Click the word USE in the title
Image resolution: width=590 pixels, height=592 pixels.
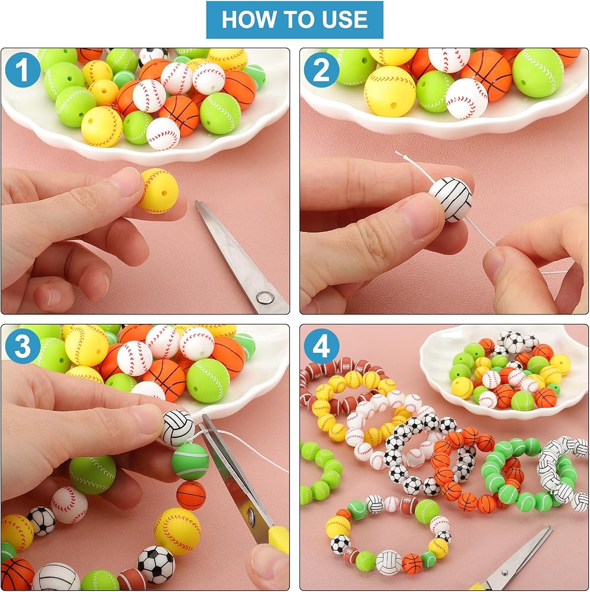tap(345, 20)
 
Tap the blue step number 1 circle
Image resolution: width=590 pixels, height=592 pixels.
tap(22, 70)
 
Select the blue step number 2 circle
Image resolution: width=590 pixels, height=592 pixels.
tap(321, 70)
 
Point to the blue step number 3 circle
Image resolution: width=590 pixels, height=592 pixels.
tap(22, 346)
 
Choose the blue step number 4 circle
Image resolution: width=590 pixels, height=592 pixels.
tap(321, 346)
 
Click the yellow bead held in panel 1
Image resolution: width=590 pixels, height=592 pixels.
tap(158, 190)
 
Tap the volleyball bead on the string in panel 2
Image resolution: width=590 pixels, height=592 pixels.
tap(451, 199)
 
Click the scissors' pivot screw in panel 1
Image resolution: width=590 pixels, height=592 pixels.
tap(265, 298)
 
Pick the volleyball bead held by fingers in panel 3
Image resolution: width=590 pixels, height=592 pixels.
tap(178, 427)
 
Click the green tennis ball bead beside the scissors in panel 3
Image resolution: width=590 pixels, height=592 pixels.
tap(190, 461)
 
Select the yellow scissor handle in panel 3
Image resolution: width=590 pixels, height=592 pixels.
tap(279, 540)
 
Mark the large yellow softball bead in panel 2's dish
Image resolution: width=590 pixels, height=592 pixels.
tap(389, 91)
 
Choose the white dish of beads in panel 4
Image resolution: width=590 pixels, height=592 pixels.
tap(504, 372)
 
